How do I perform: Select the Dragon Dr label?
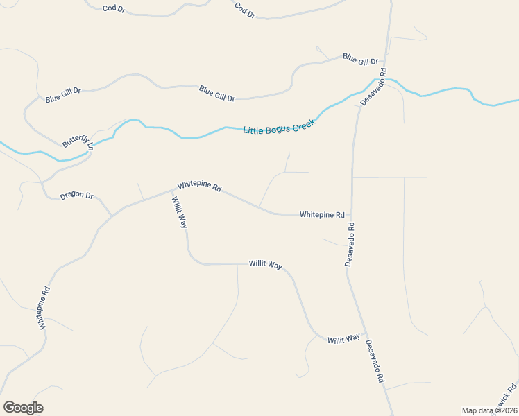pyautogui.click(x=76, y=196)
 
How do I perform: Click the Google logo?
pyautogui.click(x=23, y=408)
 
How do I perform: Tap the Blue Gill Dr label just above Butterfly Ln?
pyautogui.click(x=63, y=95)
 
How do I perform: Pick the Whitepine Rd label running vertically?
pyautogui.click(x=44, y=308)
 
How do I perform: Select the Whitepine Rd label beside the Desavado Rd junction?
pyautogui.click(x=322, y=215)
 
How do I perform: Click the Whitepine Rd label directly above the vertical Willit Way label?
pyautogui.click(x=199, y=187)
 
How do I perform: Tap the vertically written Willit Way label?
pyautogui.click(x=179, y=212)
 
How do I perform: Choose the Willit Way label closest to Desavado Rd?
pyautogui.click(x=344, y=338)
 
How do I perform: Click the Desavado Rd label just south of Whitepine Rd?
pyautogui.click(x=350, y=244)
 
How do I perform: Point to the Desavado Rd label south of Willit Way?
pyautogui.click(x=374, y=362)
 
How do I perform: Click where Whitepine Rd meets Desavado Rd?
pyautogui.click(x=352, y=216)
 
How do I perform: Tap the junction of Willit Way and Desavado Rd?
pyautogui.click(x=366, y=334)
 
